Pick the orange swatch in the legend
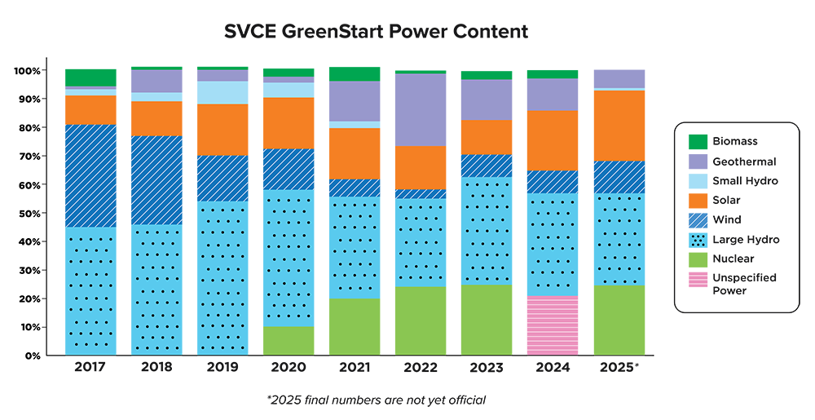point(695,201)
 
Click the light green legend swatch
point(695,260)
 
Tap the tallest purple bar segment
point(420,110)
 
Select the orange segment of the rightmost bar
point(624,126)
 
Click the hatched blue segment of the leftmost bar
point(90,175)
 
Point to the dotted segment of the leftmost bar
point(90,290)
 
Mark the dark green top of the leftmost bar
point(90,68)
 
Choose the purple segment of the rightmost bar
point(624,69)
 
